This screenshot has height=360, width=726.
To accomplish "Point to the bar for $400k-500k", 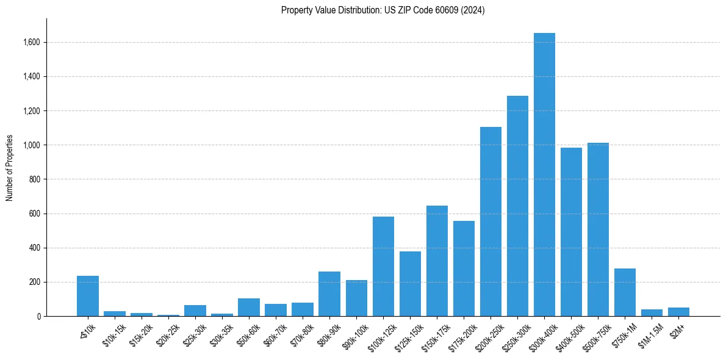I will pos(571,232).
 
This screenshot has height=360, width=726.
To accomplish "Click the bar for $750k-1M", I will pos(625,292).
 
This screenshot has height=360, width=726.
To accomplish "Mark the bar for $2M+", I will pos(678,312).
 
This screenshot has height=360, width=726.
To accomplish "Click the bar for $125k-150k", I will pos(410,284).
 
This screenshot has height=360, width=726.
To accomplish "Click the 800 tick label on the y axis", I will pos(35,179).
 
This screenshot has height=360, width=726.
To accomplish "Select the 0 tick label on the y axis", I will pos(38,317).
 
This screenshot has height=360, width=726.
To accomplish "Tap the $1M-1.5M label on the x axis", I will pos(649,334).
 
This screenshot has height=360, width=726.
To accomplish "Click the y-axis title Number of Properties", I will pos(9,168).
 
